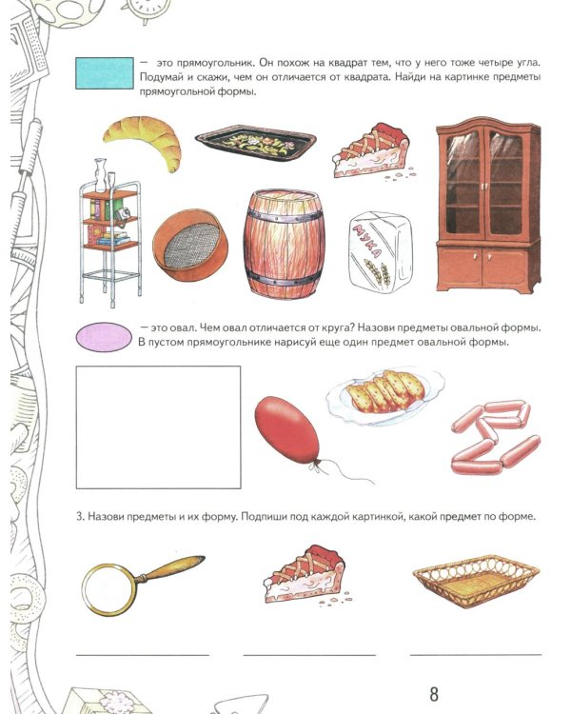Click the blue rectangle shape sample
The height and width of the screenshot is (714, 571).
point(105,73)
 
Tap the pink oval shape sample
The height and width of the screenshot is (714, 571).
point(104,337)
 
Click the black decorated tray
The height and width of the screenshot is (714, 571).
point(255,142)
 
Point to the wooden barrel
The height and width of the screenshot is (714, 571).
point(284,244)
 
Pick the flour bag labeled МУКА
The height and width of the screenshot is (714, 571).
point(381,252)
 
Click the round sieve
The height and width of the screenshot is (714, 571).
point(190,246)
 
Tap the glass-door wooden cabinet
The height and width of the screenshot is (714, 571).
point(488,205)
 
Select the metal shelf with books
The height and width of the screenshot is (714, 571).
point(110,232)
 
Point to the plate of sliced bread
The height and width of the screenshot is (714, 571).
point(384,396)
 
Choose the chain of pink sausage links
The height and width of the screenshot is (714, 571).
point(494,437)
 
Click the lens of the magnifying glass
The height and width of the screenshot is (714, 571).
point(109,589)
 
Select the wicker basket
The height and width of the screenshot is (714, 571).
point(476,581)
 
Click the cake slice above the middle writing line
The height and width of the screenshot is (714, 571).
point(305,575)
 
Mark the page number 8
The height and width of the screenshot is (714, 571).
point(434,694)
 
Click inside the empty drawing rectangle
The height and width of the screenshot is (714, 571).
point(159,427)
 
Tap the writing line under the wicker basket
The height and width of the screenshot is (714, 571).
point(476,655)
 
